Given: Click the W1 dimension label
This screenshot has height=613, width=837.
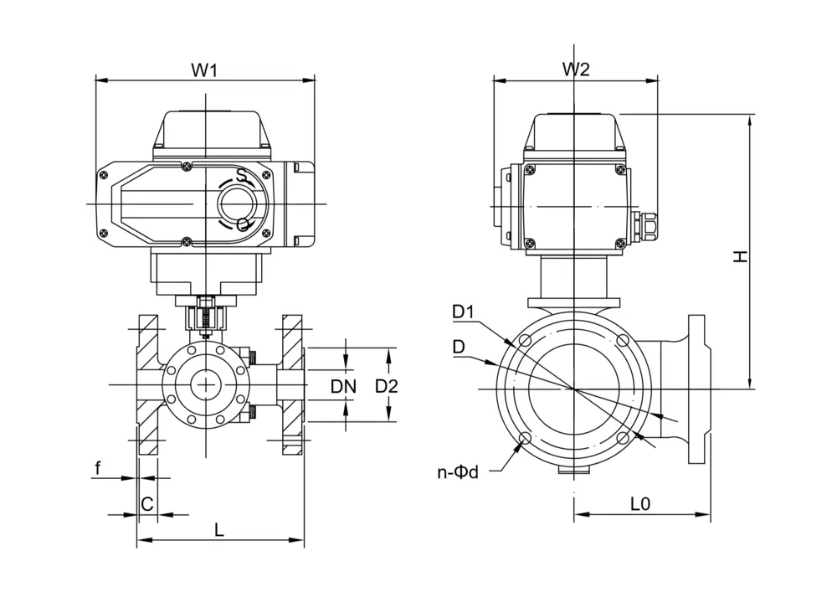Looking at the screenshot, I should tap(205, 70).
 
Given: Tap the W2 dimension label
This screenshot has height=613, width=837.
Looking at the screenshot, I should tap(575, 70).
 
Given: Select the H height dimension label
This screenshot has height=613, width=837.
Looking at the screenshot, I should tap(740, 257).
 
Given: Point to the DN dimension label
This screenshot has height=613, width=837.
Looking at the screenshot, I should tap(343, 387).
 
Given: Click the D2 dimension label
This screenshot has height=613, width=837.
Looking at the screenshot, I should tap(386, 387).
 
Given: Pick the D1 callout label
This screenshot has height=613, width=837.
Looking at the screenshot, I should tap(464, 312).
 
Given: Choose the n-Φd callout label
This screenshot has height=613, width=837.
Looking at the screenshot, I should tap(458, 472).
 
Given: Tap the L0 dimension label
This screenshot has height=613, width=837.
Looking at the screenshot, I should tap(640, 504).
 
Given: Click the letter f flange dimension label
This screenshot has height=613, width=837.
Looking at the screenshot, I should tap(97, 468).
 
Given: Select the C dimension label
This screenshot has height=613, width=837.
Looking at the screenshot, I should tap(146, 504).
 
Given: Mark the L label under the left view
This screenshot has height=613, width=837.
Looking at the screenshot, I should tap(219, 529).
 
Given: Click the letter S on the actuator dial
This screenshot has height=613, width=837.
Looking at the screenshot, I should tap(241, 176).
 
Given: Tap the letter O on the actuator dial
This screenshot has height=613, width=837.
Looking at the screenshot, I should tap(243, 224).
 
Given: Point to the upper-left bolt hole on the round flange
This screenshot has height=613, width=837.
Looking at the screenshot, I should tap(525, 342).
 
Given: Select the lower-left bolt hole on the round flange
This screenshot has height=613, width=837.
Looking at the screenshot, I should tap(525, 440).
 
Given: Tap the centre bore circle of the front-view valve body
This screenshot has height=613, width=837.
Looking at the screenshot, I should tap(204, 385).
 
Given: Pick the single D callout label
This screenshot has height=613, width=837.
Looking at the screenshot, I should tap(459, 346).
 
